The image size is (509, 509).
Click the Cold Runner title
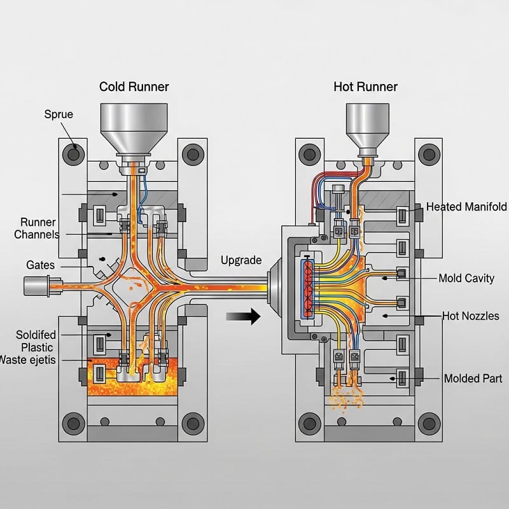(x=134, y=87)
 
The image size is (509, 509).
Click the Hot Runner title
(x=365, y=87)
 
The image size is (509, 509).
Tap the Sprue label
(x=59, y=115)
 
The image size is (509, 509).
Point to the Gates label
(x=40, y=264)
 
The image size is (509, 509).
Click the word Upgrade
(x=241, y=260)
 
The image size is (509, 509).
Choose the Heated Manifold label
(x=466, y=207)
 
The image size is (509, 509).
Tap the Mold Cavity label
(x=466, y=279)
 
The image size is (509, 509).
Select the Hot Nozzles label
(x=470, y=316)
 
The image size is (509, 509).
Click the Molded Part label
(x=472, y=379)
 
